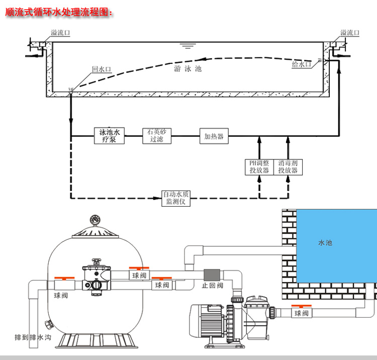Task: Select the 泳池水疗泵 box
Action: pos(109,136)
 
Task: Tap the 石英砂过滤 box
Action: pos(156,136)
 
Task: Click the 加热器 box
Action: pos(214,136)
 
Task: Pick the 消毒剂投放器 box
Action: pos(289,167)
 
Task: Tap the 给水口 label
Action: pos(302,64)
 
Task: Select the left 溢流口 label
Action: pos(60,33)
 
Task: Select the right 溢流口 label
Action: pos(350,33)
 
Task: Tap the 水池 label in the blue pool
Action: pos(325,243)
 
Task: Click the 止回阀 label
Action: pos(212,285)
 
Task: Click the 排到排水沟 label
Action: pos(33,337)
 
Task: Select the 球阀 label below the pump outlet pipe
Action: pos(301,314)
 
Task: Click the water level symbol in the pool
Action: pos(189,47)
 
